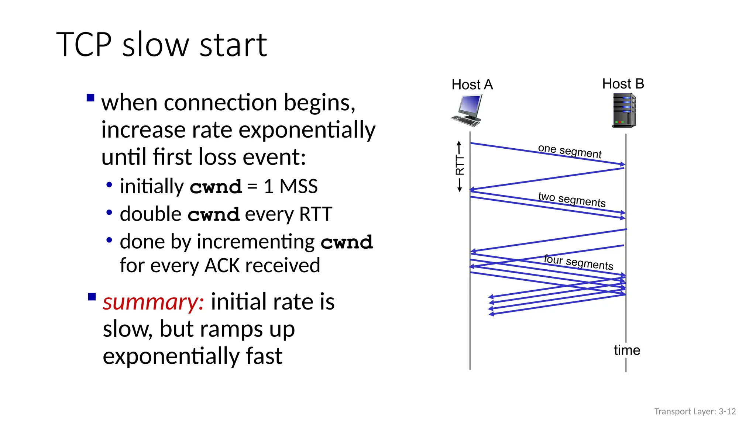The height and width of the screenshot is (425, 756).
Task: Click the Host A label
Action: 472,85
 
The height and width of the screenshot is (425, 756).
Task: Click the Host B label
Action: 623,84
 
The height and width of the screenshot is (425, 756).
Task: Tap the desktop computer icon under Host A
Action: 467,110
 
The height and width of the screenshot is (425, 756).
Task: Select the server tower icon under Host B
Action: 624,110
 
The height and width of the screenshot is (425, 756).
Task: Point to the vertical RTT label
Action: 460,165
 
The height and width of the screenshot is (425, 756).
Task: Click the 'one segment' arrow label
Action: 570,151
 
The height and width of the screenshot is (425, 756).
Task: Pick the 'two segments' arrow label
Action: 572,199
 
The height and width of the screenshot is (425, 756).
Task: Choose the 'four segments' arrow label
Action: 578,262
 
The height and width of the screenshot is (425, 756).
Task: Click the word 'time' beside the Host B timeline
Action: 627,350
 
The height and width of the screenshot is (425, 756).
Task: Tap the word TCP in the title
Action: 84,45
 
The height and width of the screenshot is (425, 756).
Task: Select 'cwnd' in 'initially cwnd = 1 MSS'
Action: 216,187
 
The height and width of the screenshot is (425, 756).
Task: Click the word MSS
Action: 298,186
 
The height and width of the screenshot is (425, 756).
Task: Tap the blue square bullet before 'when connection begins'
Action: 90,98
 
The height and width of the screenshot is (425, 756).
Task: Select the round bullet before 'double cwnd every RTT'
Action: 109,212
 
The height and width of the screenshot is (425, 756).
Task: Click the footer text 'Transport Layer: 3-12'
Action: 695,411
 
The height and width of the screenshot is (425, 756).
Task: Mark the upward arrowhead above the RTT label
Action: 459,142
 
